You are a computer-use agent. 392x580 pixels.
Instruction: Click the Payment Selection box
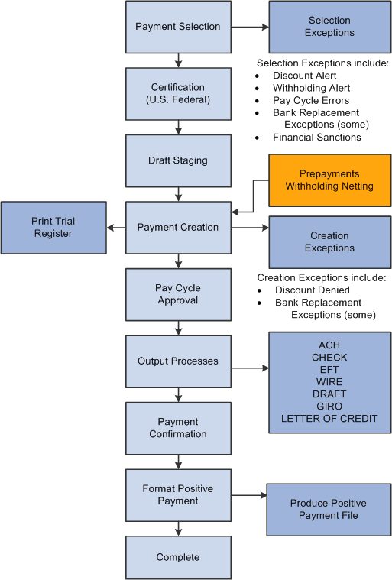tap(178, 27)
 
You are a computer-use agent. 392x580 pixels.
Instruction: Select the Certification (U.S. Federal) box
tap(178, 93)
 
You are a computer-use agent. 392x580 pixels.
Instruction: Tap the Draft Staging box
tap(178, 160)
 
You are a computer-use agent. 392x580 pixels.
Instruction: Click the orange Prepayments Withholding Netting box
tap(329, 180)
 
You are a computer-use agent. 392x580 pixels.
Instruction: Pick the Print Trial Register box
tap(53, 228)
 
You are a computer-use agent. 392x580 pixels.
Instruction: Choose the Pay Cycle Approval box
tap(178, 294)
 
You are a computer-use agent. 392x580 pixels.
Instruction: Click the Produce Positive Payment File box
tap(329, 509)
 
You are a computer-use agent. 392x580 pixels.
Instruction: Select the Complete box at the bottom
tap(178, 557)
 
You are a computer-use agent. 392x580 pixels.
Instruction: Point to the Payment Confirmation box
tap(178, 428)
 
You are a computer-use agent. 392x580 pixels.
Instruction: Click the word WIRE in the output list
tap(329, 382)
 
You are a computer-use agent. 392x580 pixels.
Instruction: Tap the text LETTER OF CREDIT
tap(329, 419)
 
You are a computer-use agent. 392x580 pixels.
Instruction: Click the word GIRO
tap(329, 407)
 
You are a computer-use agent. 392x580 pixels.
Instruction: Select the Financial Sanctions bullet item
tap(316, 138)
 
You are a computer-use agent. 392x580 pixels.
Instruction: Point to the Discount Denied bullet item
tap(313, 290)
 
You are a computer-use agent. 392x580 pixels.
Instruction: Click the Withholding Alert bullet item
tap(311, 88)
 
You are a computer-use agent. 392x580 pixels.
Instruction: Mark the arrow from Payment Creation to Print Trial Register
tap(116, 228)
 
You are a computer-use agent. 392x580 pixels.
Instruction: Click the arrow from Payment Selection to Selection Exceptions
tap(250, 27)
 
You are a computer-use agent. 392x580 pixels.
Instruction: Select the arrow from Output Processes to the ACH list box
tap(250, 368)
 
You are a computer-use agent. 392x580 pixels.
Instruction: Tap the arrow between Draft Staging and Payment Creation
tap(178, 194)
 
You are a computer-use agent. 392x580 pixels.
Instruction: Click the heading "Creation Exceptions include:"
tap(321, 277)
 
